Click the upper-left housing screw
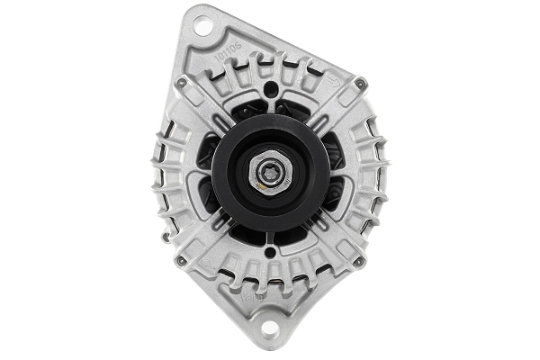pyautogui.click(x=181, y=83)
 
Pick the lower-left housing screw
pyautogui.click(x=181, y=261)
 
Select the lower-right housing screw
pyautogui.click(x=359, y=261)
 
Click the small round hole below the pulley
pyautogui.click(x=270, y=256)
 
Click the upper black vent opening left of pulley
pyautogui.click(x=209, y=148)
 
